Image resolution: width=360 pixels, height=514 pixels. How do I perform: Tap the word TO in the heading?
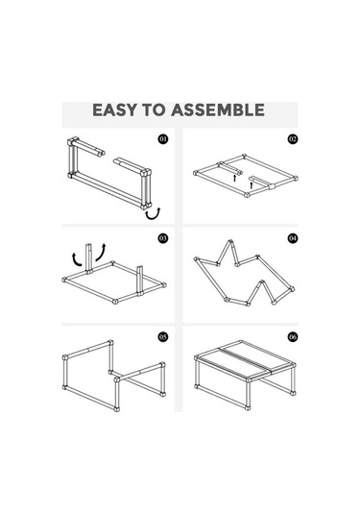tap(154, 110)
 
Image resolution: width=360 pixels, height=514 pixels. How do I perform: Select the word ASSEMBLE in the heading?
tap(218, 110)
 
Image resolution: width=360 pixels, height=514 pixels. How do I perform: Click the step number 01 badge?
tap(163, 139)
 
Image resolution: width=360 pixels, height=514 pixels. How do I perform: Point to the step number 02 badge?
tap(293, 139)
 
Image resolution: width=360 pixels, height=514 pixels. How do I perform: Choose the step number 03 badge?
tap(163, 238)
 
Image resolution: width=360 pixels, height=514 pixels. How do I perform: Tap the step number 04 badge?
tap(293, 238)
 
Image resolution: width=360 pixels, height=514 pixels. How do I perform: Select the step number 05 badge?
tap(163, 336)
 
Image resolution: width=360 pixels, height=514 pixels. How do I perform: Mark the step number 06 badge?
tap(293, 336)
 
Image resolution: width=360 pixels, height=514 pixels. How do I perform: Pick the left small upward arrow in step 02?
tap(234, 178)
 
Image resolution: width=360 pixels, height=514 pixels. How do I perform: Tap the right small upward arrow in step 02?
tap(252, 184)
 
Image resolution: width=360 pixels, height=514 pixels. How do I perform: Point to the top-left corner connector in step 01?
tap(73, 141)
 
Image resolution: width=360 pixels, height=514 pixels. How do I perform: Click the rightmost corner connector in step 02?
tap(296, 179)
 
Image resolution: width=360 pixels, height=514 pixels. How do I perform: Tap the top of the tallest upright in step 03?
tap(88, 245)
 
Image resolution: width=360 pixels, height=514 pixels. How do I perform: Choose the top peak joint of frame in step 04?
tap(230, 242)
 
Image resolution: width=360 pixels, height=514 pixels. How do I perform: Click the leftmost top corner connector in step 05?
tap(65, 357)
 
